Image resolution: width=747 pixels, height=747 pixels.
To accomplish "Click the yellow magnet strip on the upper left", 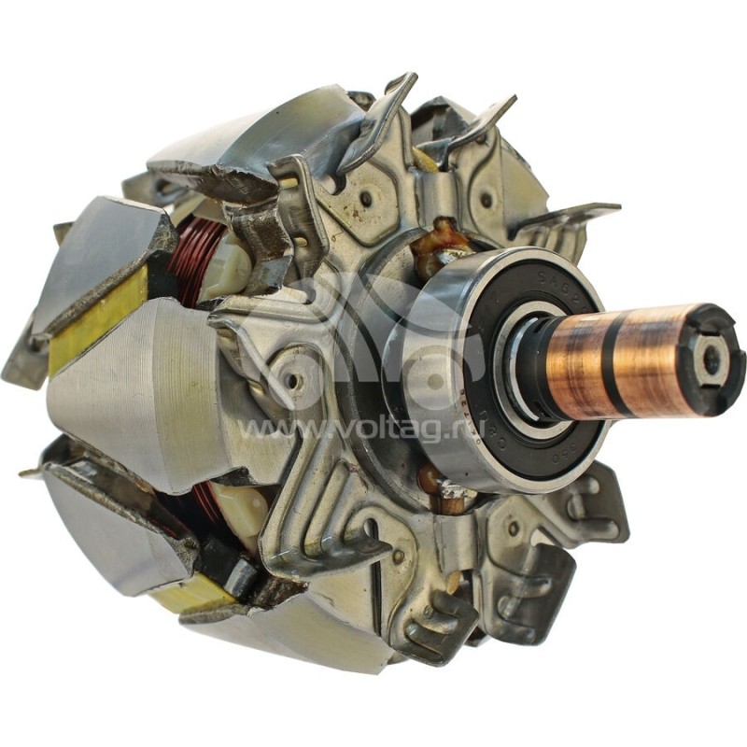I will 93,317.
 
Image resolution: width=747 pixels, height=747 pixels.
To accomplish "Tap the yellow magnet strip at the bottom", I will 191,594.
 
